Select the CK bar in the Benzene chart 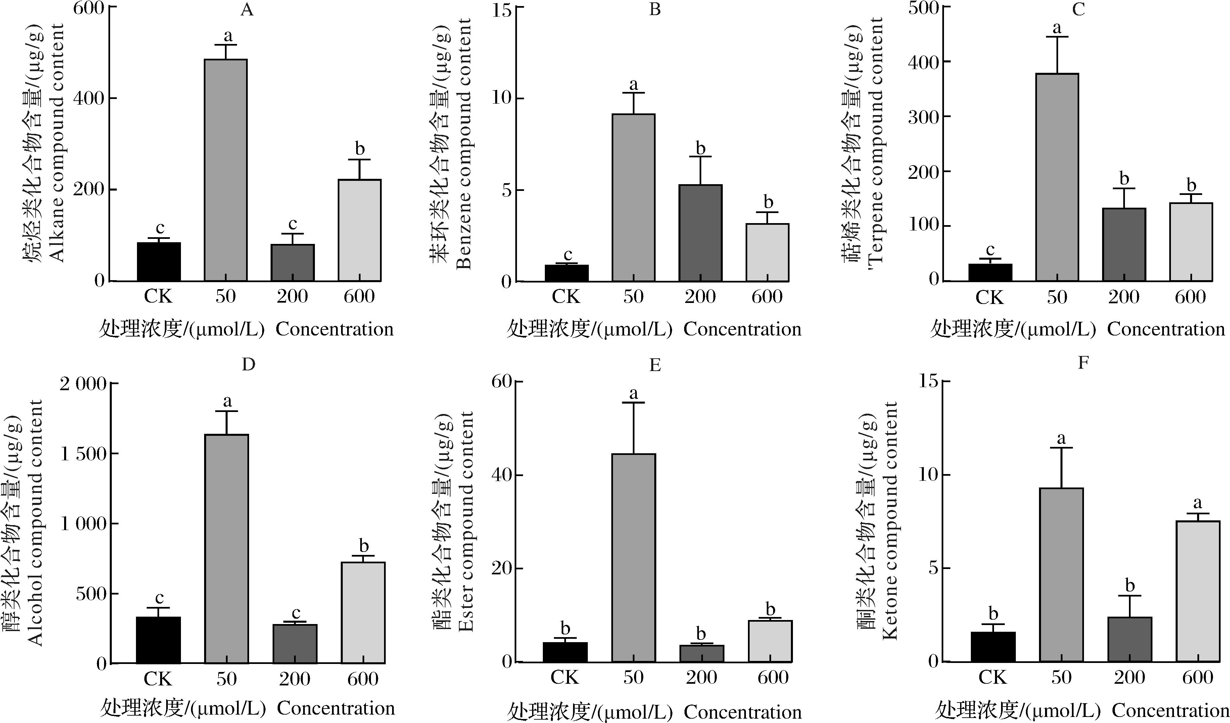pyautogui.click(x=566, y=273)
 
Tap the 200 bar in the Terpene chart pyautogui.click(x=1124, y=245)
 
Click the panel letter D pyautogui.click(x=248, y=364)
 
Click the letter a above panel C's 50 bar pyautogui.click(x=1057, y=27)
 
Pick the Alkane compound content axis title pyautogui.click(x=58, y=143)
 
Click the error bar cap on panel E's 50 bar pyautogui.click(x=633, y=403)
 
